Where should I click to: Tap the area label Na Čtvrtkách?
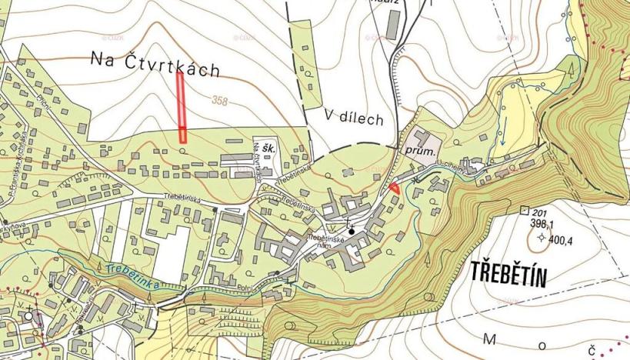pyautogui.click(x=155, y=64)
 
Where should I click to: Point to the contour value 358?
pyautogui.click(x=222, y=100)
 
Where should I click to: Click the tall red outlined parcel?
pyautogui.click(x=182, y=107)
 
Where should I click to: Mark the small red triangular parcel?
pyautogui.click(x=393, y=188)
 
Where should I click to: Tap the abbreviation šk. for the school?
pyautogui.click(x=269, y=147)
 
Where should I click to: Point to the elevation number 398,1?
pyautogui.click(x=542, y=224)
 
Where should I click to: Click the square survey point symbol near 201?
pyautogui.click(x=525, y=211)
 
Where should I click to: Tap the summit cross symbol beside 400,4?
pyautogui.click(x=542, y=238)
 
